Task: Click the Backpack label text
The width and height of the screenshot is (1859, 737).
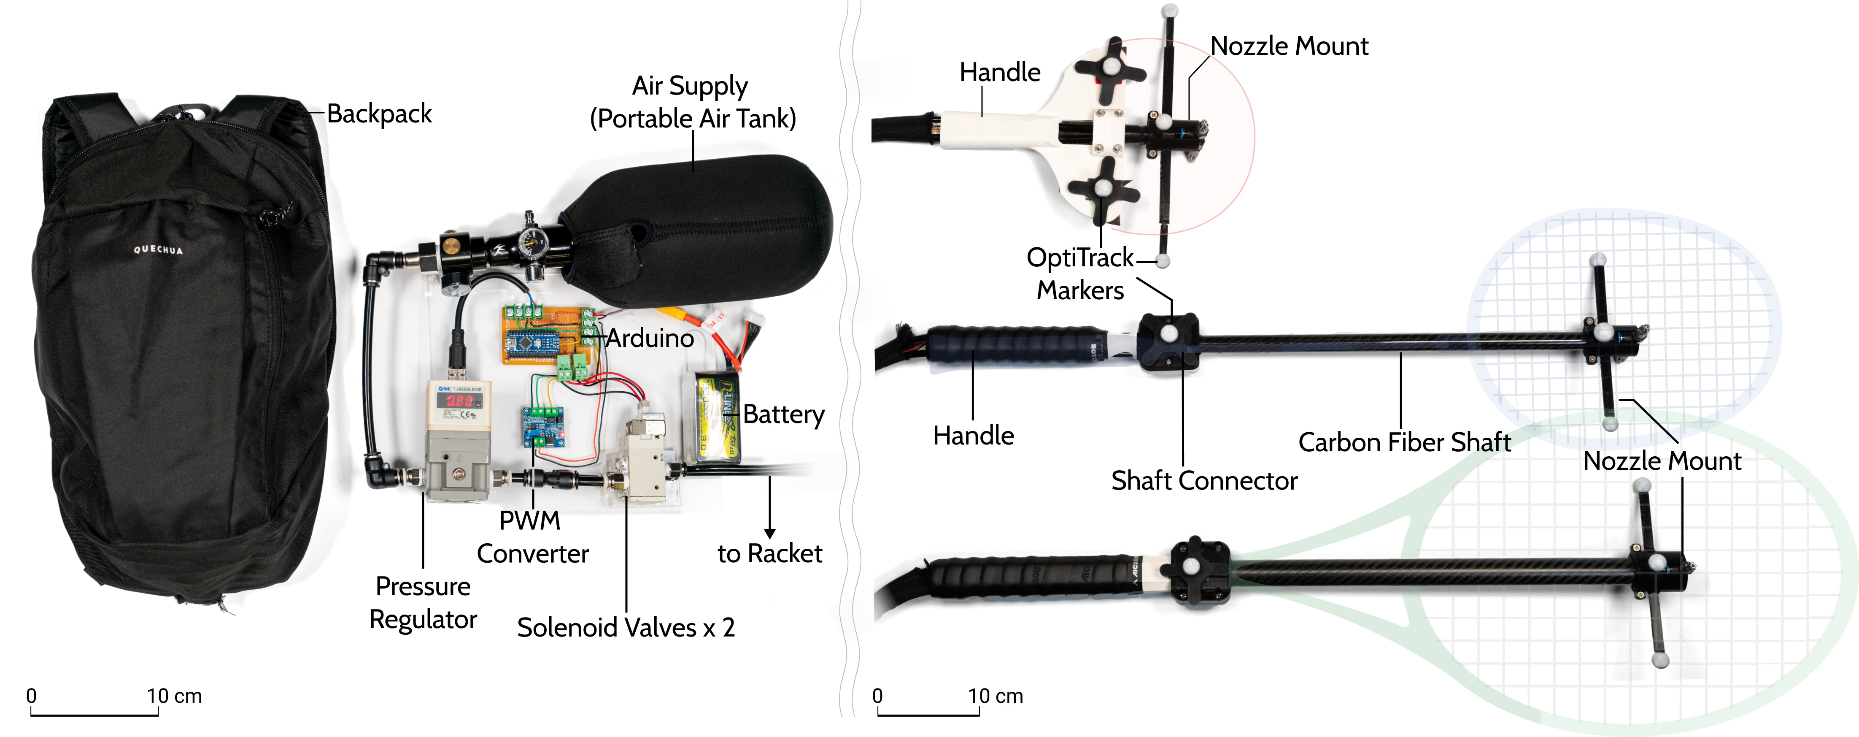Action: [379, 114]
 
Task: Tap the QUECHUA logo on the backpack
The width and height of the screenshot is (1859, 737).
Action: [158, 250]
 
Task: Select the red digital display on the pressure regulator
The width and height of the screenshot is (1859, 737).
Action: [460, 399]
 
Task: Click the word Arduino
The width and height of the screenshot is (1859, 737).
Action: [650, 338]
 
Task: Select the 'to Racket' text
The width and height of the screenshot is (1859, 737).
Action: [769, 554]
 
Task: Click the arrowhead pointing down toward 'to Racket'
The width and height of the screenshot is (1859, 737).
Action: [769, 534]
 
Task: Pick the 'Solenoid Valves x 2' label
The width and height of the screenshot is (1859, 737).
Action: [626, 627]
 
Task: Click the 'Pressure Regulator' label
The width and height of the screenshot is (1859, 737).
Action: [423, 603]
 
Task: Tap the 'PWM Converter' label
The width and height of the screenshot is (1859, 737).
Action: [532, 537]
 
